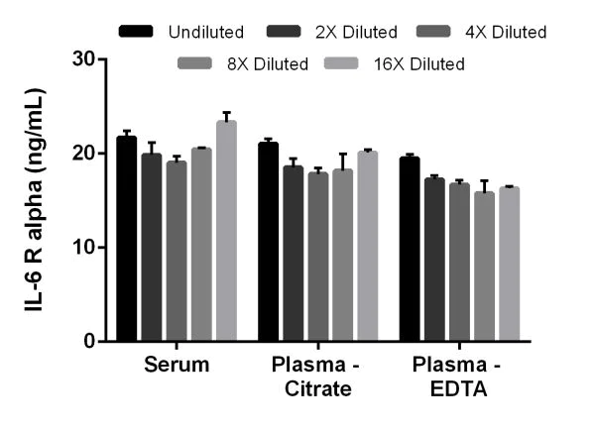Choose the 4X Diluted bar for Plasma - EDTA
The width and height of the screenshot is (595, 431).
coord(459,263)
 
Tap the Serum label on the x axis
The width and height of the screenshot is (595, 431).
coord(177,365)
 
